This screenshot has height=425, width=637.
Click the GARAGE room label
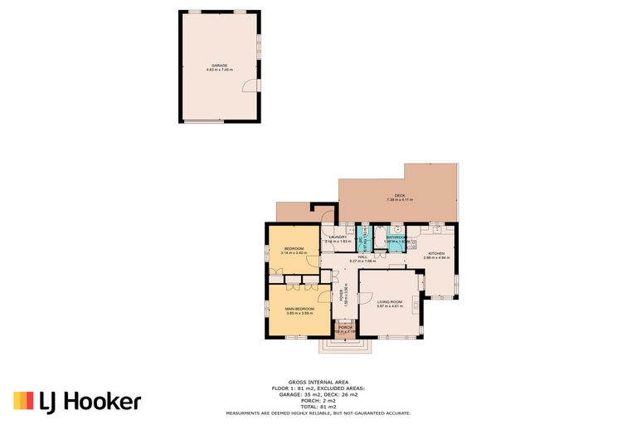(219, 65)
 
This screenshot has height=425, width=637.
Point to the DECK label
(399, 196)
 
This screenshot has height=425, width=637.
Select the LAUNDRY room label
(338, 237)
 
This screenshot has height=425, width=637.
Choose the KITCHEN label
(436, 253)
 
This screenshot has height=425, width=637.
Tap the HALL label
(362, 257)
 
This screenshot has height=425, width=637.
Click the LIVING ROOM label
(389, 301)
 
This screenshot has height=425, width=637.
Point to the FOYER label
(342, 294)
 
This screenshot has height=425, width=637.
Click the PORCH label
(345, 328)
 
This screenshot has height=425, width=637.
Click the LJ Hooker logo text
(90, 402)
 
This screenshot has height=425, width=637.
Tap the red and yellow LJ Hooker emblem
(22, 401)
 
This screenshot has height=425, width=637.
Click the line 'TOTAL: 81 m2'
(318, 407)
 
